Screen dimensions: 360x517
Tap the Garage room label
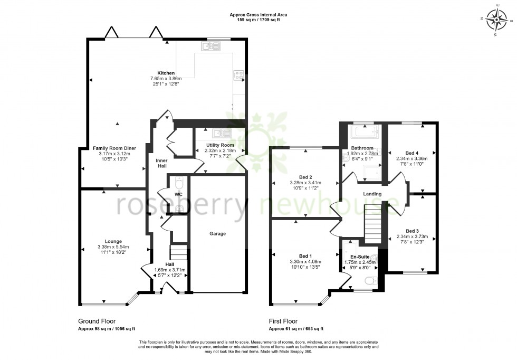[217, 233]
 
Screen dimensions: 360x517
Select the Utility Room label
[219, 145]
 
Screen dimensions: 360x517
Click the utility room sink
[219, 133]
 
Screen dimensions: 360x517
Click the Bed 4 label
[411, 152]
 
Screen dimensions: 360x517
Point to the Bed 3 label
[411, 231]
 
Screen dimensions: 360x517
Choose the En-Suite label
[359, 257]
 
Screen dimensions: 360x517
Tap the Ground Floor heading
[97, 321]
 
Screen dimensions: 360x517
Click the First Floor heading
[283, 321]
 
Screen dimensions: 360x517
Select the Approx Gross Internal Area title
[258, 15]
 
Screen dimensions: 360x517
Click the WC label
[178, 194]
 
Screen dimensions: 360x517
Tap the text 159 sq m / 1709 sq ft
[258, 21]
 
